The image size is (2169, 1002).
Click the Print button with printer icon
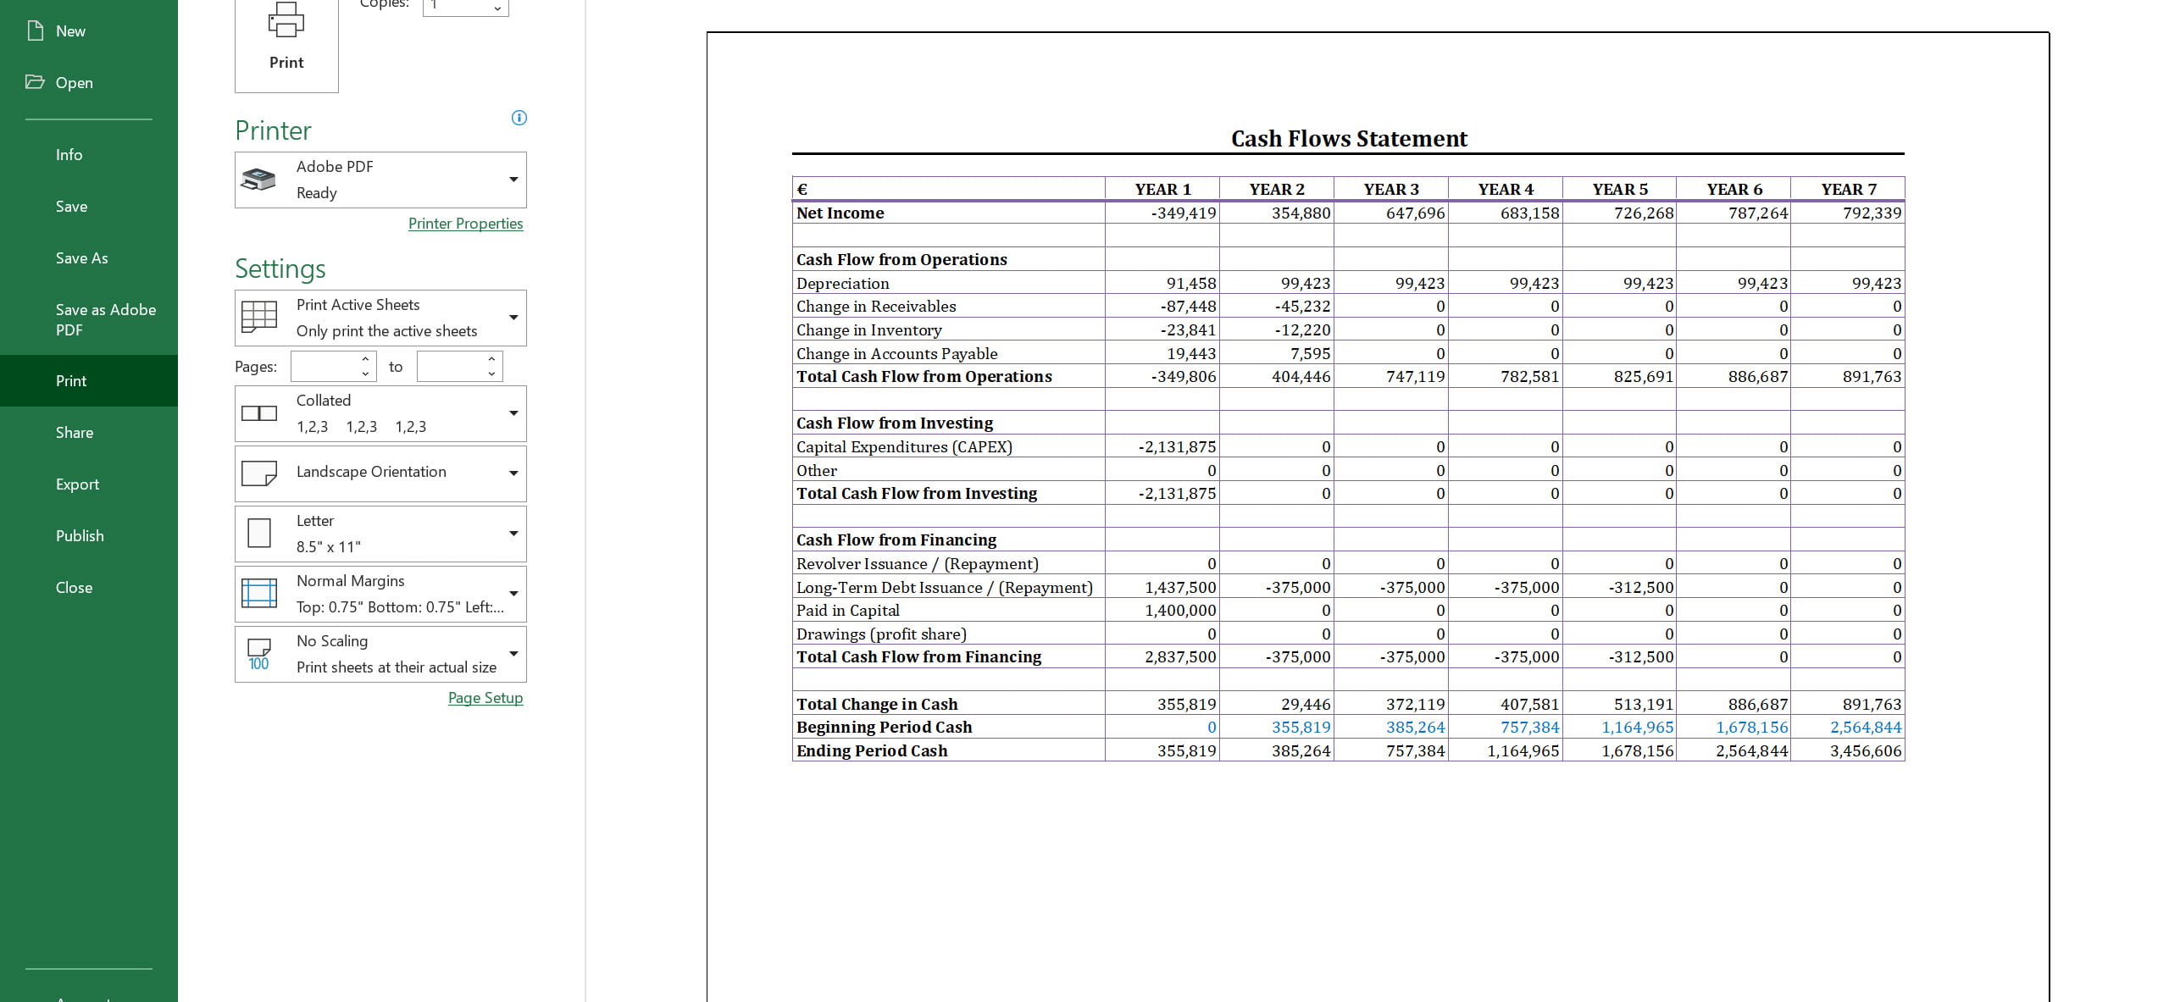click(x=286, y=38)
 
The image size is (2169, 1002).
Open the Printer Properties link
click(x=465, y=224)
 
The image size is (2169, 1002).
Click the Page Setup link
click(x=485, y=698)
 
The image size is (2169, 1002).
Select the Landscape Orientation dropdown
click(x=380, y=473)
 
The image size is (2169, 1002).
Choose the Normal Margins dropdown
click(x=380, y=594)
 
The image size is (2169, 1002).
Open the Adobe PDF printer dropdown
click(x=380, y=180)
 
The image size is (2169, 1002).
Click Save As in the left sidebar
click(x=81, y=258)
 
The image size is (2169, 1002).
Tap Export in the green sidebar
click(x=77, y=484)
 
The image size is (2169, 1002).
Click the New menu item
click(x=70, y=31)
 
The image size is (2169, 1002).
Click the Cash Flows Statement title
click(x=1348, y=139)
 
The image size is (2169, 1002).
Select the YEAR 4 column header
click(x=1506, y=190)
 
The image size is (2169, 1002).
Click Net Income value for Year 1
click(x=1183, y=213)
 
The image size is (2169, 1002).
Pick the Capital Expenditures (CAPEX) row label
click(x=903, y=447)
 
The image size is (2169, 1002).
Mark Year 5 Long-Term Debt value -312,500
click(x=1640, y=588)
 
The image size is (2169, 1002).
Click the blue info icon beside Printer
click(x=519, y=118)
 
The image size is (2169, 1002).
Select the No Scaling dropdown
click(x=380, y=654)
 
